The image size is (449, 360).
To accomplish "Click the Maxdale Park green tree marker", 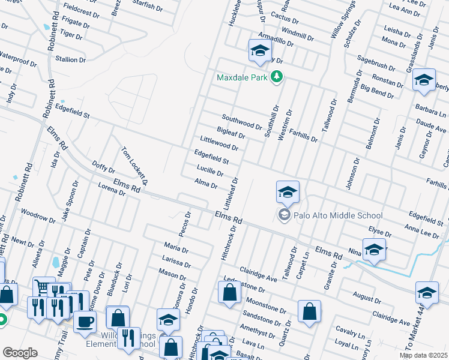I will tap(277, 77).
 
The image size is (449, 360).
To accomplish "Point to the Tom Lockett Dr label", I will tap(134, 166).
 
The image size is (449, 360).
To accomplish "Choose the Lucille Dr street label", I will tap(209, 173).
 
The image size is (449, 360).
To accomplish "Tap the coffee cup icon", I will tap(85, 321).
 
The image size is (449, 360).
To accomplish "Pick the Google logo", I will tap(20, 353).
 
